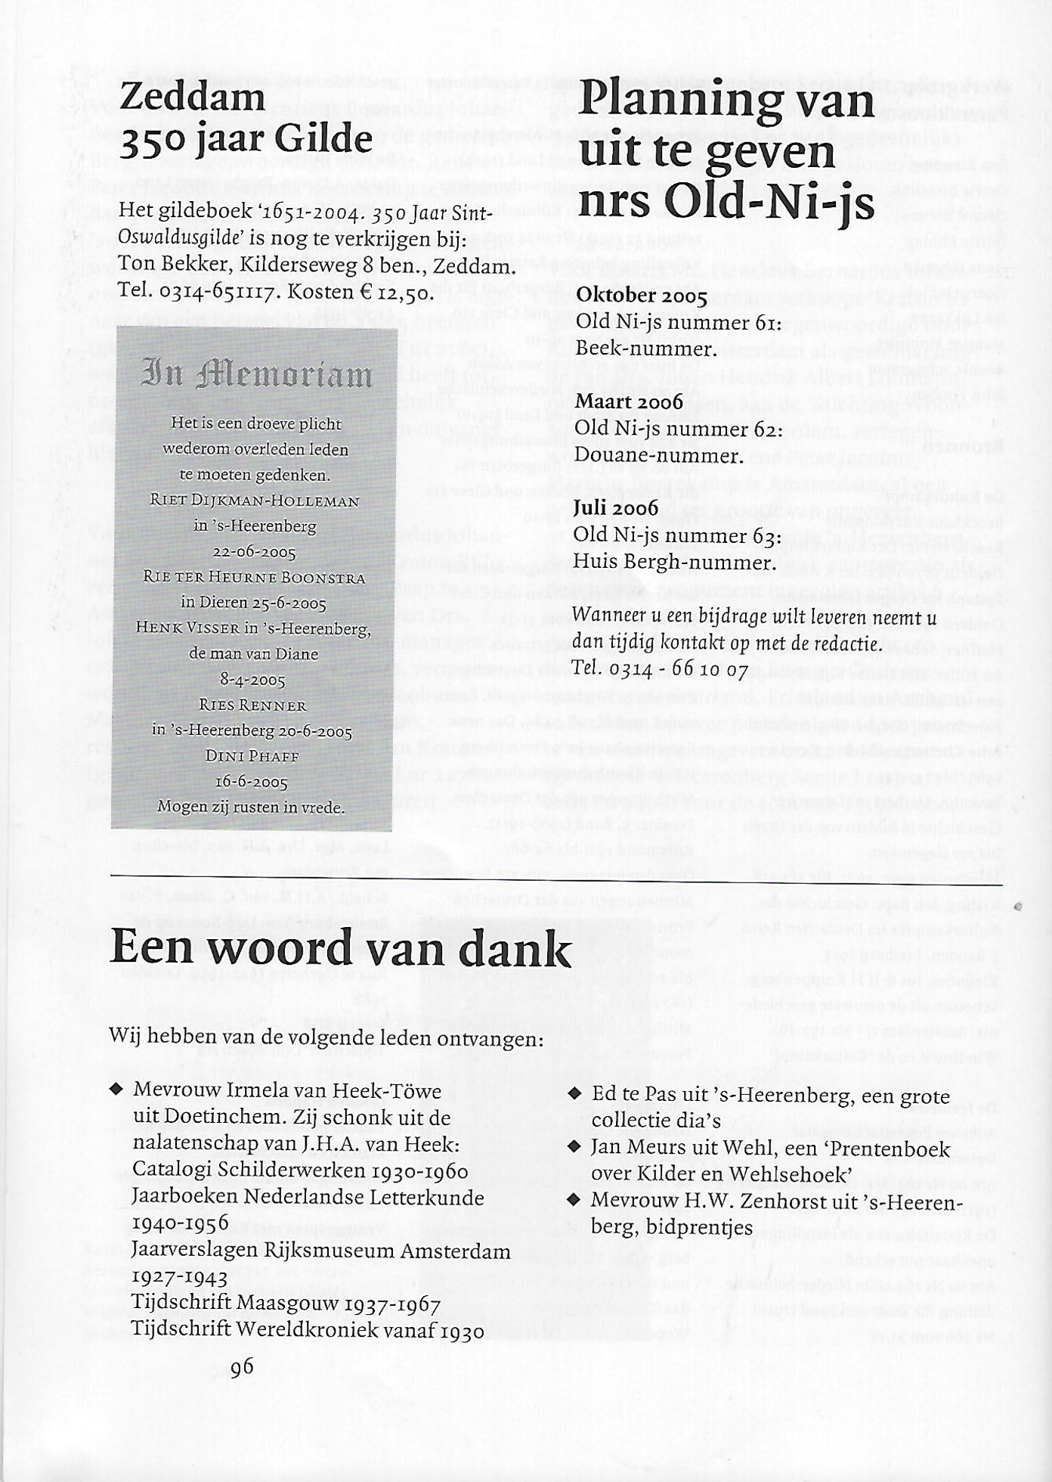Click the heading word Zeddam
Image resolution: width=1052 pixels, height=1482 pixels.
[x=192, y=97]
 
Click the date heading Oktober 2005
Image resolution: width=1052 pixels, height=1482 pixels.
[x=641, y=296]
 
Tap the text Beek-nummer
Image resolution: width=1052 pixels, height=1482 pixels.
[x=645, y=349]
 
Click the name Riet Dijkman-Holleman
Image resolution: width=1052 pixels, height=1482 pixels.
[x=255, y=500]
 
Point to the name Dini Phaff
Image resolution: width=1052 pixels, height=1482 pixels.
[x=252, y=756]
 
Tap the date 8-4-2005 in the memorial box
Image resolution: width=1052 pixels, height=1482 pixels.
[x=252, y=680]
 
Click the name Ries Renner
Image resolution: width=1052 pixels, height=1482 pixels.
[x=252, y=705]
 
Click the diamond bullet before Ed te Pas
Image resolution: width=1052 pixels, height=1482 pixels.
[x=575, y=1093]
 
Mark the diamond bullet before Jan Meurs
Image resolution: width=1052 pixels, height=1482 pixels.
[x=575, y=1147]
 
